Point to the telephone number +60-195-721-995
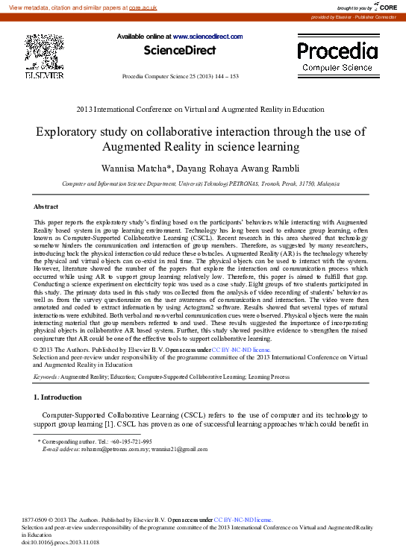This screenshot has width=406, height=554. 126,441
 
